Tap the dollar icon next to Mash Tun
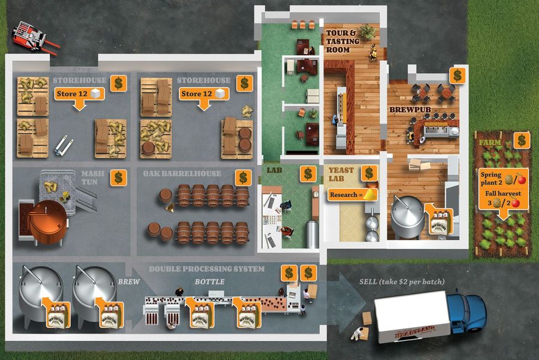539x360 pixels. (x=119, y=178)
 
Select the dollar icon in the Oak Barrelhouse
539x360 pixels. (x=243, y=178)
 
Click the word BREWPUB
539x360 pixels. (x=408, y=110)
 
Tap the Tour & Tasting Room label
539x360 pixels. (x=342, y=41)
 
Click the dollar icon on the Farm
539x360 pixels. (x=522, y=140)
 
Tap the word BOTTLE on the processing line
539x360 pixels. (x=210, y=281)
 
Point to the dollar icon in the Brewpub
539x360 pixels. (x=457, y=75)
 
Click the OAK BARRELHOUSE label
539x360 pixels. (x=182, y=174)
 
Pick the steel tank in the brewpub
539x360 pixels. (x=407, y=217)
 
